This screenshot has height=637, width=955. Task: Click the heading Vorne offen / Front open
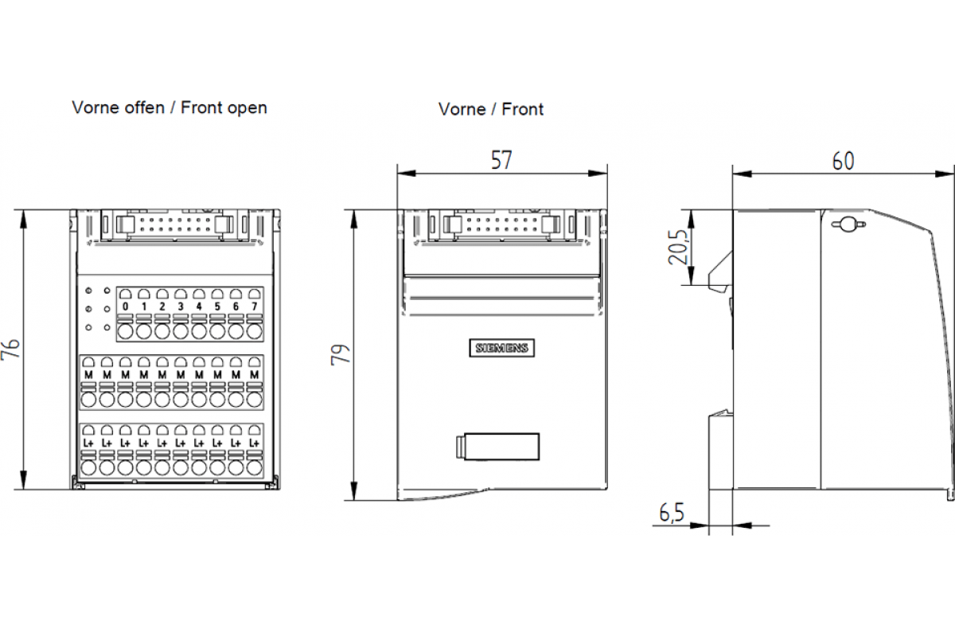coord(170,108)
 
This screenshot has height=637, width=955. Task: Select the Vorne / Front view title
coord(491,109)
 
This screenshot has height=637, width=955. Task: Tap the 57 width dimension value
coord(501,160)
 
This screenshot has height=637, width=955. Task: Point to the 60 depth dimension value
coord(844,162)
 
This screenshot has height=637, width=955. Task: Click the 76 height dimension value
coord(11,349)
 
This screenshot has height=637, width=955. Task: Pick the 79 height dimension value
coord(341,354)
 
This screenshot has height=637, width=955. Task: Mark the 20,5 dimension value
coord(678,248)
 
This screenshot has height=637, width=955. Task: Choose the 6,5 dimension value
coord(672,513)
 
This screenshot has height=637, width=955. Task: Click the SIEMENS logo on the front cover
coord(502,348)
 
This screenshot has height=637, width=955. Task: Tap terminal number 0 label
coord(126,307)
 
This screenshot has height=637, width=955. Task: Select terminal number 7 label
coord(255,307)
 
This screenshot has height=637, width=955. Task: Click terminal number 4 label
coord(199,307)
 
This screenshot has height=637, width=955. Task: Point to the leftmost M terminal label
coord(88,374)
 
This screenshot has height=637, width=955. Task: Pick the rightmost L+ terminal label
coord(255,443)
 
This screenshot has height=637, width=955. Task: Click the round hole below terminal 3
coord(181,331)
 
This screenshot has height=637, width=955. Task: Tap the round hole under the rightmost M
coord(255,400)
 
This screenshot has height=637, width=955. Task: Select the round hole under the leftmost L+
coord(88,467)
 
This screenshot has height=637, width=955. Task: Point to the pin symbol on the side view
coord(848,225)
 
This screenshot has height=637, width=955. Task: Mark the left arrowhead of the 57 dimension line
coord(407,174)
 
